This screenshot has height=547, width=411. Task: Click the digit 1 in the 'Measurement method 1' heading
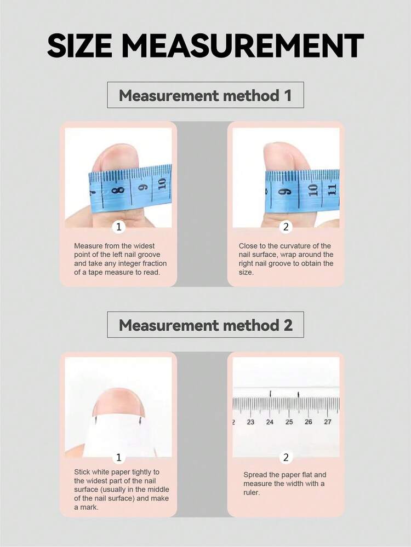pos(288,95)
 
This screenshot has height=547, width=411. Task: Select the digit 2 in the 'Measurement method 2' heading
pos(288,325)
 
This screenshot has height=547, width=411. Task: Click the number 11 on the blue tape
pos(332,190)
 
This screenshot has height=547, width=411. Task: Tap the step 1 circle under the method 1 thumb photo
pos(119,227)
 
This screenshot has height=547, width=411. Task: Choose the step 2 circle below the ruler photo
pos(286,457)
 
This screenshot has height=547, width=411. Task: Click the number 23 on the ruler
pos(251,422)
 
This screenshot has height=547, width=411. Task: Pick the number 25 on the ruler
pos(289,422)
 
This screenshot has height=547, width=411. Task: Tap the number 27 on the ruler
pos(328,422)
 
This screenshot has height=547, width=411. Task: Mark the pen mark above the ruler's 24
pos(271,394)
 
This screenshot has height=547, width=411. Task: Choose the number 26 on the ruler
pos(309,422)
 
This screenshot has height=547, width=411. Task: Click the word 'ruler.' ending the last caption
pos(252,493)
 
